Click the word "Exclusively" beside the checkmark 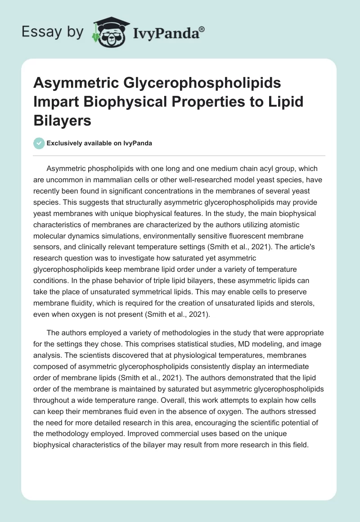pos(64,143)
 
